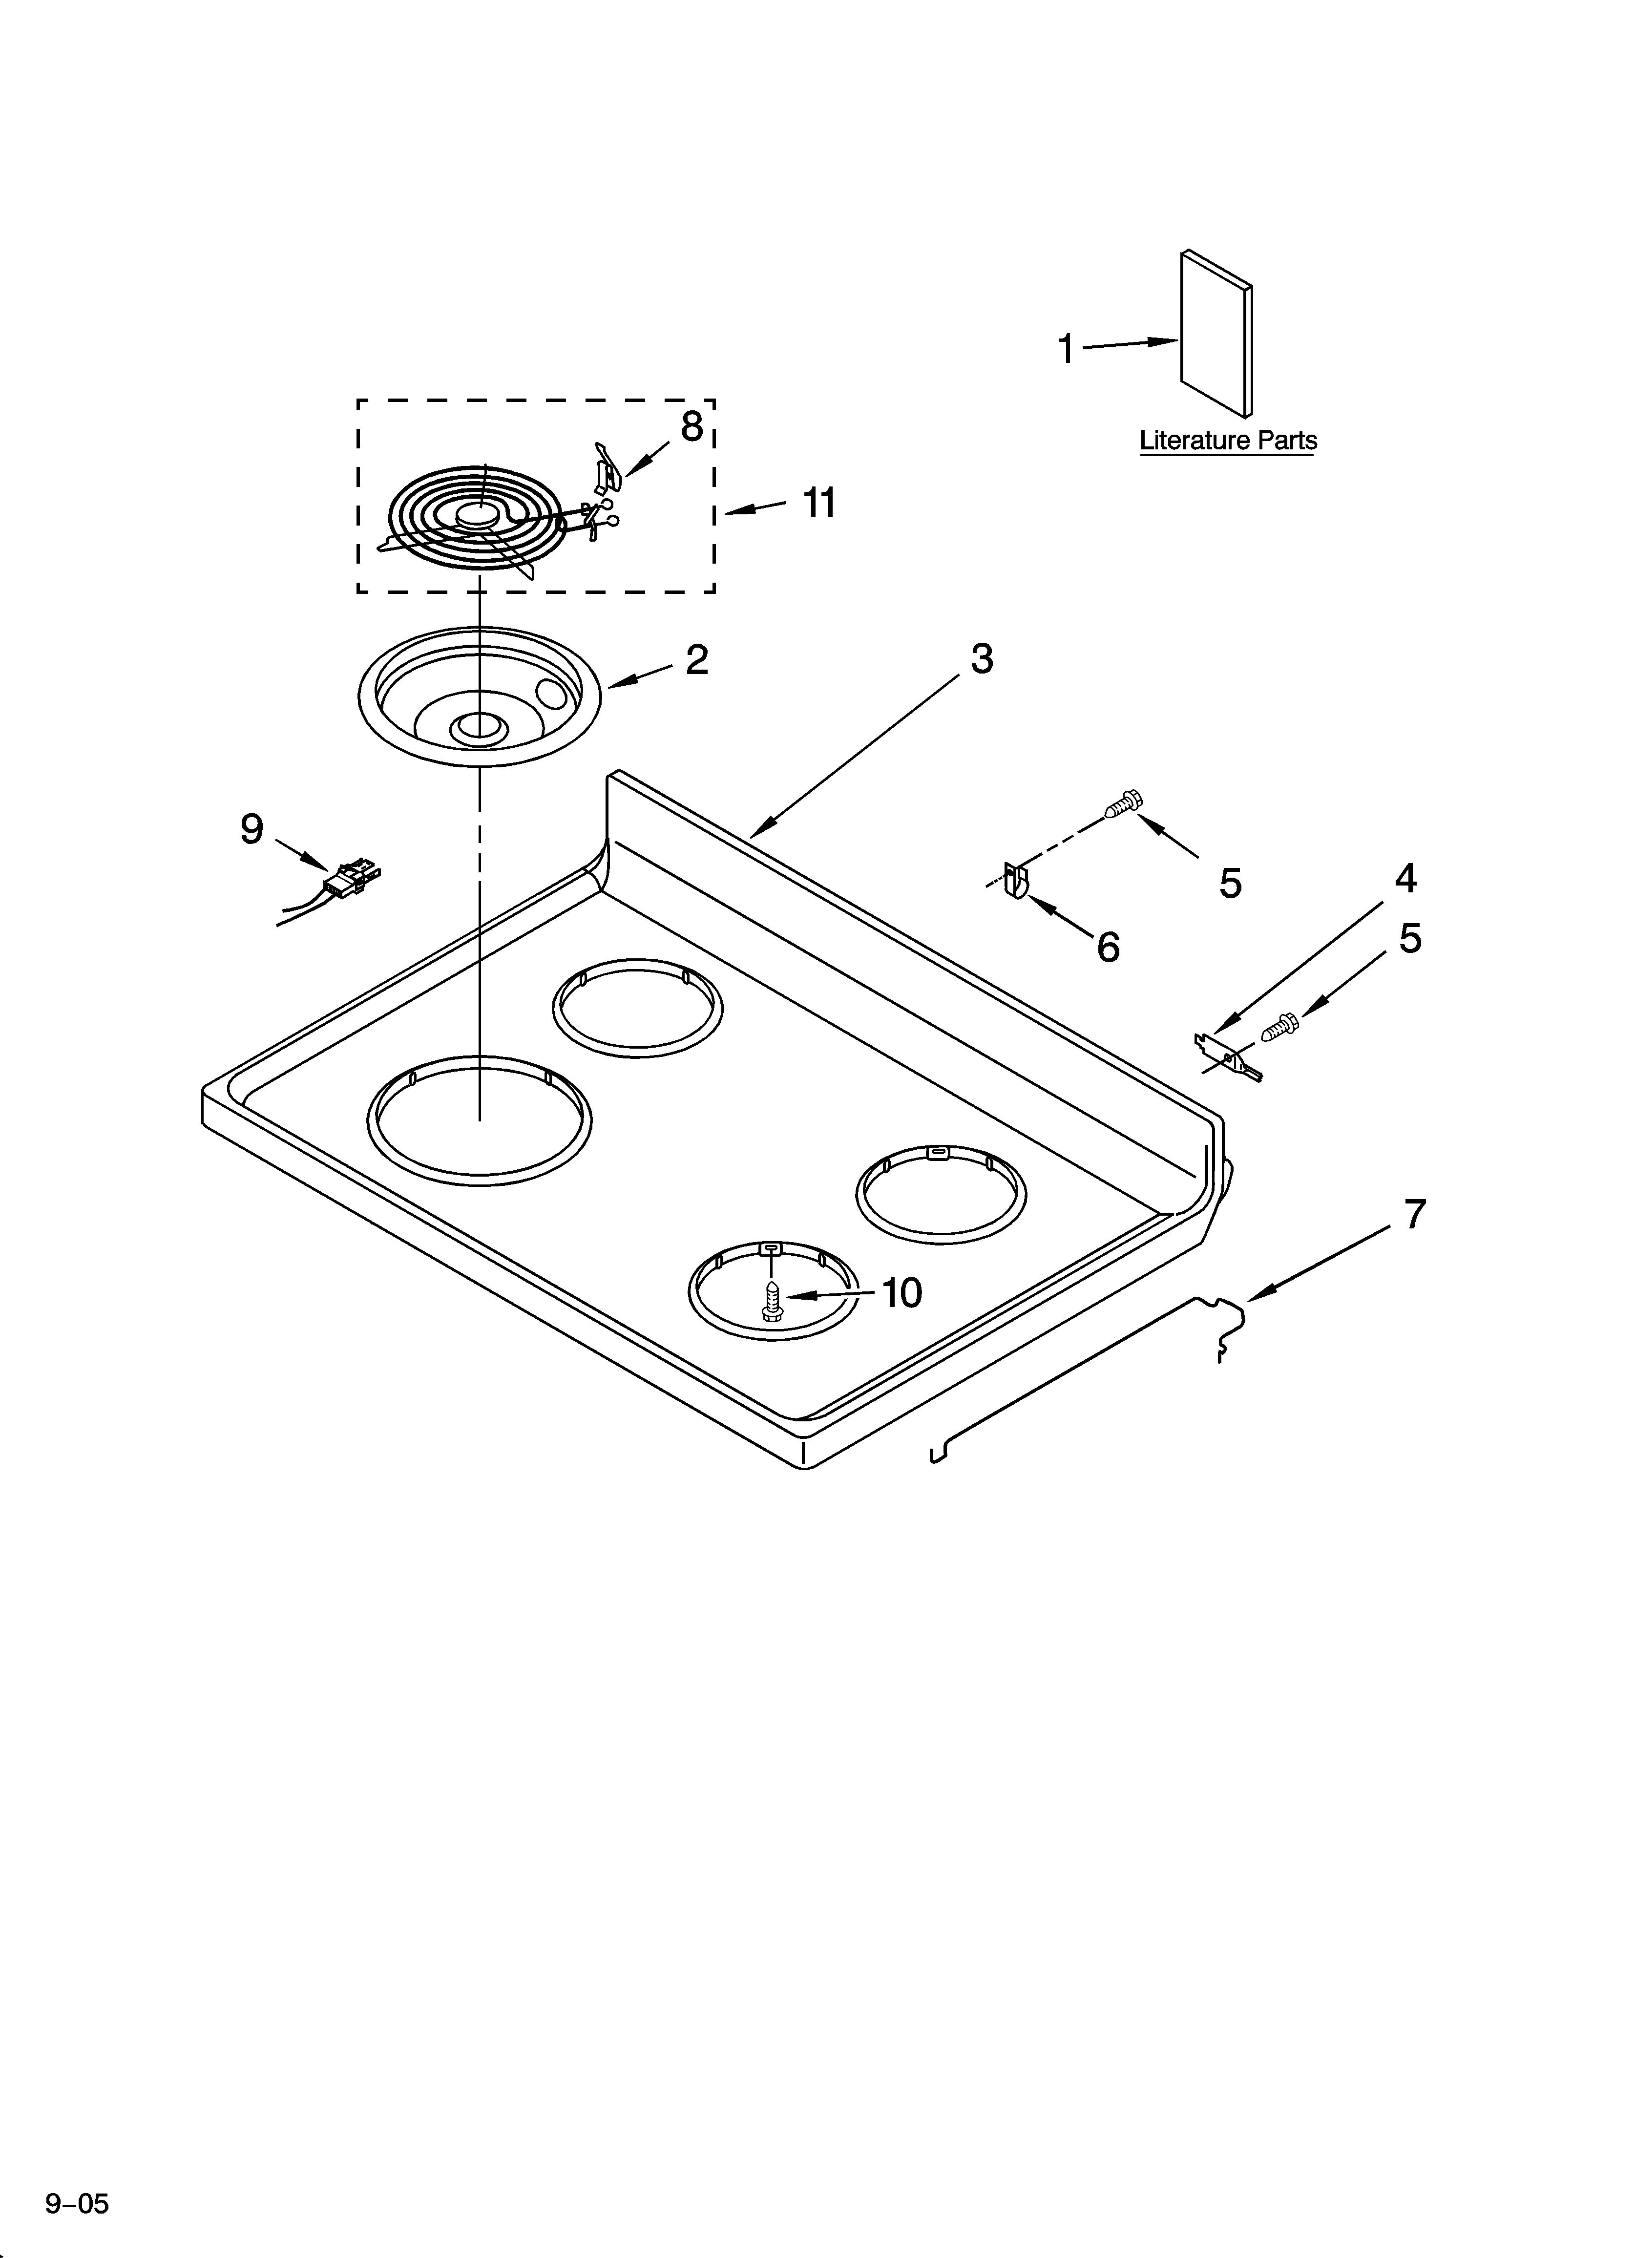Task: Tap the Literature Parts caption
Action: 1228,440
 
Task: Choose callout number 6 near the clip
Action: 1108,947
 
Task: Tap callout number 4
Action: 1405,878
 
